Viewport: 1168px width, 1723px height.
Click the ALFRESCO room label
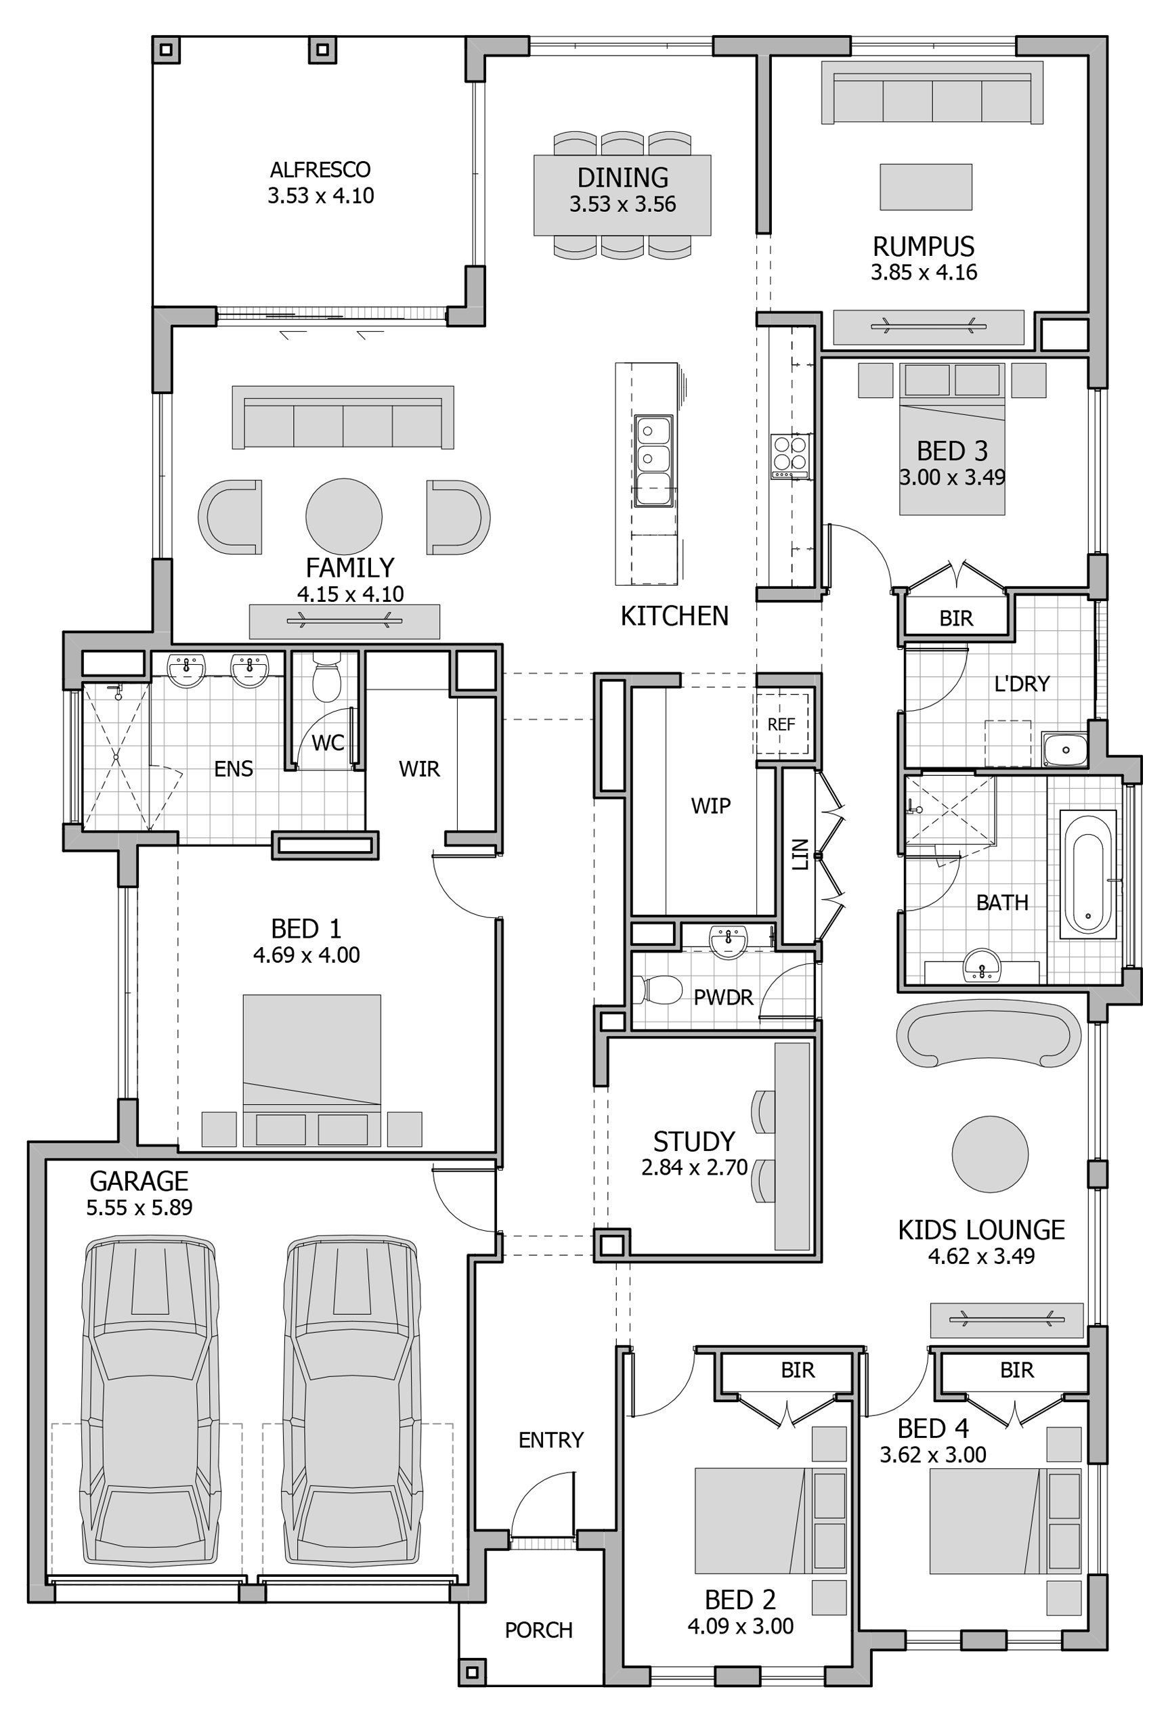click(x=320, y=170)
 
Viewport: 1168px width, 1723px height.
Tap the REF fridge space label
click(x=781, y=724)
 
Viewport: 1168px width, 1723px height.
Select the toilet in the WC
click(x=326, y=677)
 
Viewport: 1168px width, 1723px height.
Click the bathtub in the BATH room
click(x=1087, y=875)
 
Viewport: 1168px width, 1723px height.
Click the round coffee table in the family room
click(x=343, y=516)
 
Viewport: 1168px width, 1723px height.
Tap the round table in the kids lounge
click(x=989, y=1154)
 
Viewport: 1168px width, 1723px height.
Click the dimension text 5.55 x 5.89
click(x=139, y=1207)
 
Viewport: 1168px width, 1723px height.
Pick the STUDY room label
click(x=693, y=1141)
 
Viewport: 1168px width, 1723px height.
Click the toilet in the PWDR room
click(x=660, y=989)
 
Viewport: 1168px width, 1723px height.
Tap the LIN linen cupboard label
click(x=799, y=854)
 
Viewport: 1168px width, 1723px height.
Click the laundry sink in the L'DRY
click(x=1064, y=749)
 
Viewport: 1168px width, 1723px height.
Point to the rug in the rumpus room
click(x=926, y=187)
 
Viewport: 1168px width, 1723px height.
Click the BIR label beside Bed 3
click(x=955, y=618)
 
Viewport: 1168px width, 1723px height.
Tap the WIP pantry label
click(x=710, y=806)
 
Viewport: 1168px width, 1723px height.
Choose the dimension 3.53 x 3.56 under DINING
click(x=622, y=204)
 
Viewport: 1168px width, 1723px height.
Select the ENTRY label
click(x=550, y=1440)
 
